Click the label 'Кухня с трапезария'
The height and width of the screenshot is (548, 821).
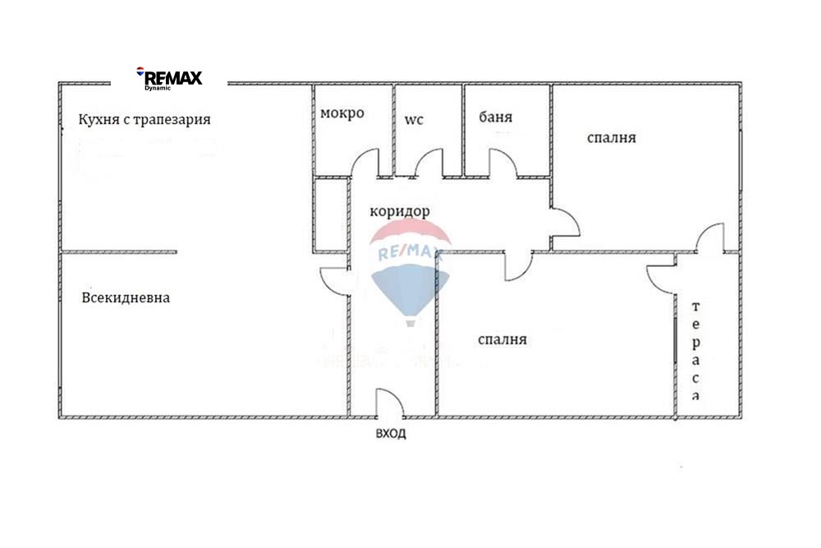click(x=144, y=119)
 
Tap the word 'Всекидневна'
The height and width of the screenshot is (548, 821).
click(x=126, y=298)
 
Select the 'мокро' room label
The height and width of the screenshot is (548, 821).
click(x=342, y=113)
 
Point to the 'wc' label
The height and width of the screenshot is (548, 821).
click(x=414, y=120)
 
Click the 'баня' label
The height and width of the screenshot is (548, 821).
click(x=495, y=117)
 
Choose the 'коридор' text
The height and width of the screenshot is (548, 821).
click(x=400, y=212)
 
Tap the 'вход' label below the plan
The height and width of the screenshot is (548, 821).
click(x=391, y=434)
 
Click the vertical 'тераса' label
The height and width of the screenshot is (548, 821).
click(x=695, y=351)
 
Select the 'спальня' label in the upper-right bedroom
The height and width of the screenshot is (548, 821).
click(x=612, y=138)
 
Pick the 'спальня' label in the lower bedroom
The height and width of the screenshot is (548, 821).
click(x=502, y=339)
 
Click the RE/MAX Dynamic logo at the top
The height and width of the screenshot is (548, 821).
click(x=169, y=79)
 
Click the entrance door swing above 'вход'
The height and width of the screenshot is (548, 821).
click(x=390, y=403)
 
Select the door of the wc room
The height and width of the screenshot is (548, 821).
click(x=429, y=163)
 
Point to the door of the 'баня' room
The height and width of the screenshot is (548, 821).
click(x=502, y=163)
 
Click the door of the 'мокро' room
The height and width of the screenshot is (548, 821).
click(x=365, y=163)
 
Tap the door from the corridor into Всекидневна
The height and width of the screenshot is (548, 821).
click(x=335, y=282)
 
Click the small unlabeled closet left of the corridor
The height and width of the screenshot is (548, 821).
click(x=331, y=215)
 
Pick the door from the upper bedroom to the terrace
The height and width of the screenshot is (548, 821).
click(x=710, y=238)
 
